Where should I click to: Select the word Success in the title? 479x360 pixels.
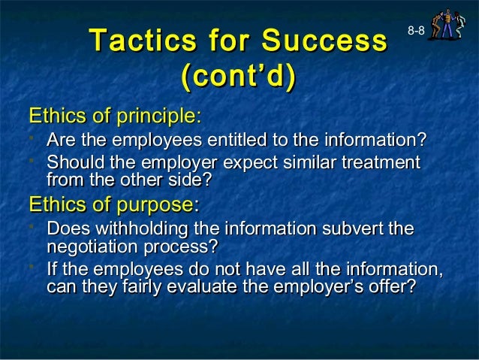(327, 40)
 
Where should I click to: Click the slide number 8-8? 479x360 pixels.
(417, 29)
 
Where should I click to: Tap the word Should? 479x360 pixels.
(71, 162)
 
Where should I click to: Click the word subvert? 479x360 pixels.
(354, 229)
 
